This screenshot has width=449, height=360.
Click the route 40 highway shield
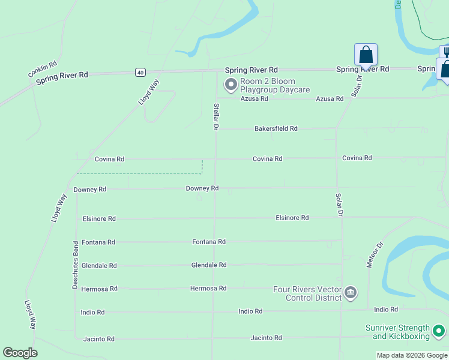(140, 72)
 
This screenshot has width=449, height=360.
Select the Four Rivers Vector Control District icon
(351, 293)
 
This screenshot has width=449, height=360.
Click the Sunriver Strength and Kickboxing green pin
(439, 331)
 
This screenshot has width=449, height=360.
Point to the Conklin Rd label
(42, 69)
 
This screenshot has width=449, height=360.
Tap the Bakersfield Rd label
(276, 128)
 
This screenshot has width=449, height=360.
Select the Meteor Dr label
(374, 254)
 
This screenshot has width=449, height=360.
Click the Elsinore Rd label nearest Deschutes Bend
(99, 219)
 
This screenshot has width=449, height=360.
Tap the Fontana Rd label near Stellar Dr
(208, 242)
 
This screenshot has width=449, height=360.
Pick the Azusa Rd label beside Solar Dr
(330, 98)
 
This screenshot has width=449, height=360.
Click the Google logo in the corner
(20, 353)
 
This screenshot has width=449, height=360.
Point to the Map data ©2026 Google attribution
(412, 355)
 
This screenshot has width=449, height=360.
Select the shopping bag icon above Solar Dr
(366, 55)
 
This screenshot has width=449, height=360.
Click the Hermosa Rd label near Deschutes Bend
(98, 289)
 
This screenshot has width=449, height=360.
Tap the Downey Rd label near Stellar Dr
(202, 188)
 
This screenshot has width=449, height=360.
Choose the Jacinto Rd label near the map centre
(267, 338)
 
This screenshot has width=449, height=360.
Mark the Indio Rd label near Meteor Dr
(386, 310)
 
